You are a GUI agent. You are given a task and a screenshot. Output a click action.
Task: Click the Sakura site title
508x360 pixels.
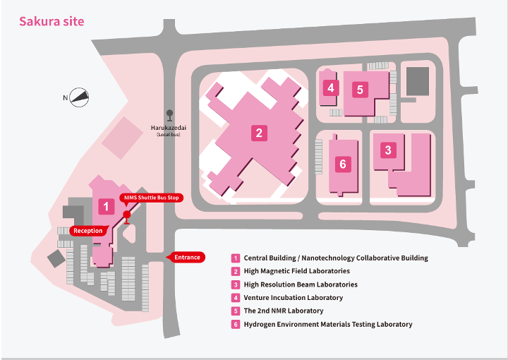[52, 21]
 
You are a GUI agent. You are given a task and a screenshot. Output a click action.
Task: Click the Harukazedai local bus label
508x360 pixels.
[169, 130]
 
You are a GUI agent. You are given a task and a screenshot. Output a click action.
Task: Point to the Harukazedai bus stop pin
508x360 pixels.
[169, 114]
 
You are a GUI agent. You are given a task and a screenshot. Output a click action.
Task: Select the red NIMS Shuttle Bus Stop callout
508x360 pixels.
[151, 198]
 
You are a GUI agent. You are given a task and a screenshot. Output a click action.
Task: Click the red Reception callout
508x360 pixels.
[88, 231]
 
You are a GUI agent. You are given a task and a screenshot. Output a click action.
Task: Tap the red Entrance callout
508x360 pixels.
[186, 258]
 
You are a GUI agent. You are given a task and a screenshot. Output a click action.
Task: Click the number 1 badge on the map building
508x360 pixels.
[105, 207]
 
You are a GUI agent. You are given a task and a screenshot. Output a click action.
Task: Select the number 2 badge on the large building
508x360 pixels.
[259, 132]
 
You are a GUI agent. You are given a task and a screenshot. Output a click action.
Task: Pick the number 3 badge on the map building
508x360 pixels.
[387, 150]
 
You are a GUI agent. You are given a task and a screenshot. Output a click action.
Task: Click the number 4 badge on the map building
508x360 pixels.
[330, 88]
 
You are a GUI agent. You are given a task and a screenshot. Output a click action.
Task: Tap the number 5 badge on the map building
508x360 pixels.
[360, 90]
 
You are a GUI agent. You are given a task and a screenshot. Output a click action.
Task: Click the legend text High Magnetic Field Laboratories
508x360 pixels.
[296, 271]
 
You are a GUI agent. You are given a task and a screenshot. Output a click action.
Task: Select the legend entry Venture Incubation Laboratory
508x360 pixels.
[293, 298]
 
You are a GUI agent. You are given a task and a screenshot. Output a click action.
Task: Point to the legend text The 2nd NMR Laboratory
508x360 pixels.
[283, 311]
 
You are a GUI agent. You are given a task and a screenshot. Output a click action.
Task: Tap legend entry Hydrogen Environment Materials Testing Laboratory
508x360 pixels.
[327, 324]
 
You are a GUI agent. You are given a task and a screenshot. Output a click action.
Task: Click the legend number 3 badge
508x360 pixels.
[236, 284]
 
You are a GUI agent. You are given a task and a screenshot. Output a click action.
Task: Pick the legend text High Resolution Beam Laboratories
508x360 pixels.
[300, 284]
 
